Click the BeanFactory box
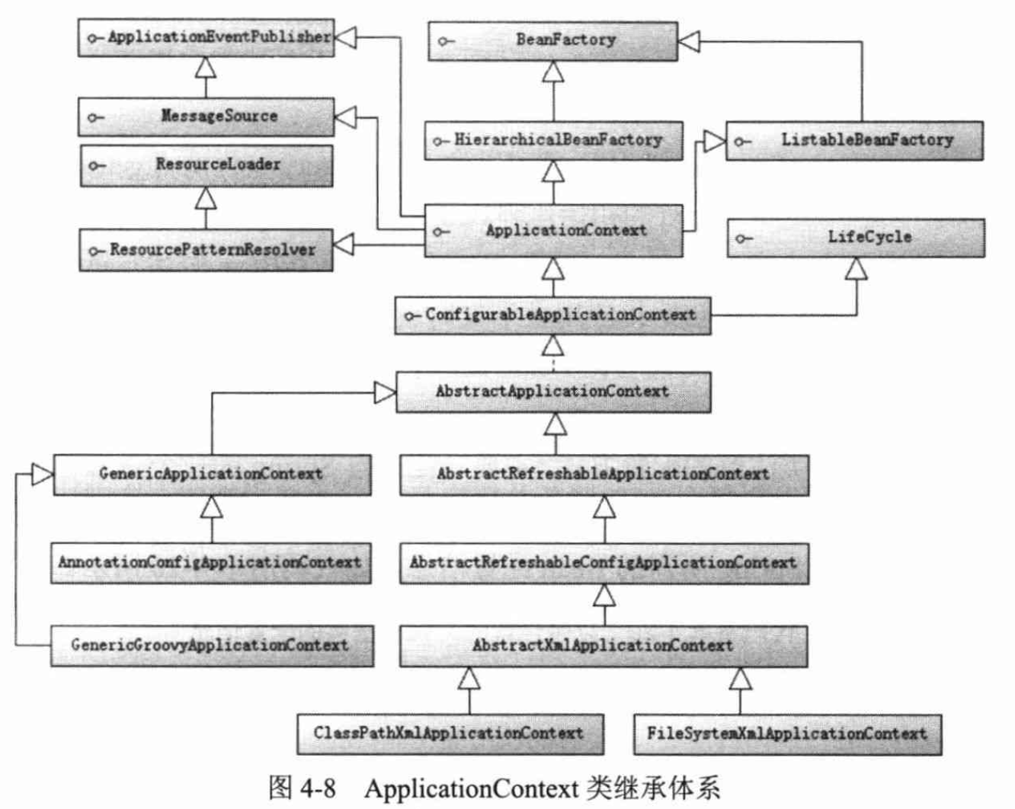[x=553, y=40]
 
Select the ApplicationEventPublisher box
[x=206, y=37]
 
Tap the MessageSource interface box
[x=206, y=117]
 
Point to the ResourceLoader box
[x=207, y=165]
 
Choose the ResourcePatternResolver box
[x=206, y=250]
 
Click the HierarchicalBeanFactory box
[x=553, y=140]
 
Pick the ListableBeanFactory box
[x=854, y=140]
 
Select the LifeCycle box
[x=856, y=238]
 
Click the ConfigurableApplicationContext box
[x=553, y=315]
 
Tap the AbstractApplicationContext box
[x=553, y=392]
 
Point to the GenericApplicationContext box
[x=212, y=475]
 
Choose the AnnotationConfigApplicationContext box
[x=210, y=563]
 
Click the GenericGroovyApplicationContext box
[x=212, y=645]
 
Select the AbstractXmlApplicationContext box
[x=604, y=646]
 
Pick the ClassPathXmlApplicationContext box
[x=450, y=734]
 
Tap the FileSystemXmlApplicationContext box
[x=787, y=734]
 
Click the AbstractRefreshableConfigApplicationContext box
[x=604, y=563]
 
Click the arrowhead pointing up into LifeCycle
[x=857, y=269]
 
